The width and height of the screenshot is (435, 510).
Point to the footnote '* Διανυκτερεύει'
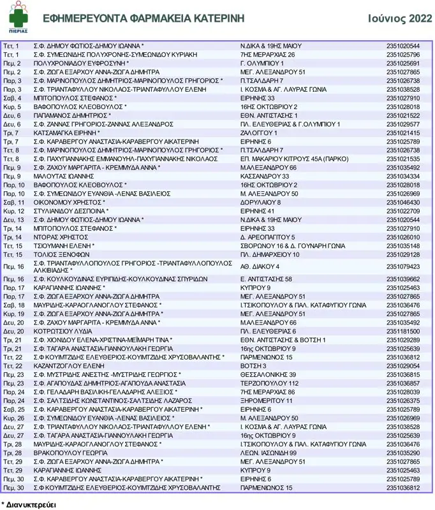tap(29, 503)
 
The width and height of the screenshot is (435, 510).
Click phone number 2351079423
tap(403, 266)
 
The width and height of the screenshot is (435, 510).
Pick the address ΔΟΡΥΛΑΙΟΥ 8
tap(260, 202)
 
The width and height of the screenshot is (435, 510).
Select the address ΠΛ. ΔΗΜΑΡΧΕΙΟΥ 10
tap(270, 254)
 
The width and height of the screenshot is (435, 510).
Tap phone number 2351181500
tap(403, 331)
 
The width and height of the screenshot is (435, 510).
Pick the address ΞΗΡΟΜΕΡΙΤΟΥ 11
tap(267, 400)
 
